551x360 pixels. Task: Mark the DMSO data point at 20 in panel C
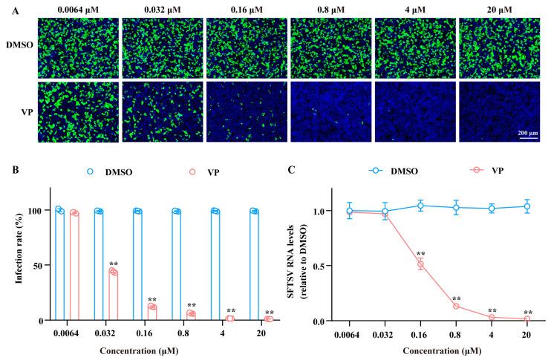tap(526, 207)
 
